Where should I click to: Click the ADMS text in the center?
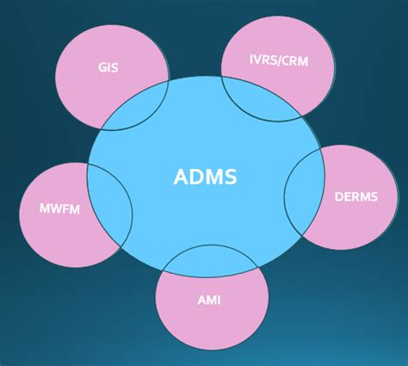[x=205, y=177]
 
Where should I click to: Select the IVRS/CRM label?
[x=277, y=61]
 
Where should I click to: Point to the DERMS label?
[x=355, y=196]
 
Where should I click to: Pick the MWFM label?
[x=59, y=208]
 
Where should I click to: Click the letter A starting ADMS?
[x=180, y=177]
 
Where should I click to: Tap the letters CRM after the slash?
[x=294, y=61]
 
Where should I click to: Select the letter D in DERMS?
[x=338, y=196]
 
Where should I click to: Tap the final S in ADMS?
[x=230, y=177]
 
